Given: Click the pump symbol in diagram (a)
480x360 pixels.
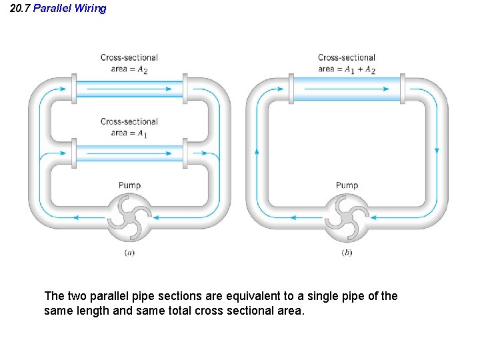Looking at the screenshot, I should point(129,217).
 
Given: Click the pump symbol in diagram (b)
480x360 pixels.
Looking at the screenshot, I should point(347,217).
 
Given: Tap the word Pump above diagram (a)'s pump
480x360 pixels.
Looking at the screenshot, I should point(129,185).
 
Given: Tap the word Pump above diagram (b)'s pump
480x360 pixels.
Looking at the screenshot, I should point(347,185).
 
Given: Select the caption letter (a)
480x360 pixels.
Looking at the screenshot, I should point(129,253).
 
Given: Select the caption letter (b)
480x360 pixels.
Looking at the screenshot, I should point(347,253).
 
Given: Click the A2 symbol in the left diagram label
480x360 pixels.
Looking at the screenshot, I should point(142,69).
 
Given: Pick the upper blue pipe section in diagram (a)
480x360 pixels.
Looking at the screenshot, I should point(129,89).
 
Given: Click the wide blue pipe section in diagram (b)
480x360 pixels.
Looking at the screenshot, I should point(347,88).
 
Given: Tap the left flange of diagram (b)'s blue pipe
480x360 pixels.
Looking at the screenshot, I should point(291,88).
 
